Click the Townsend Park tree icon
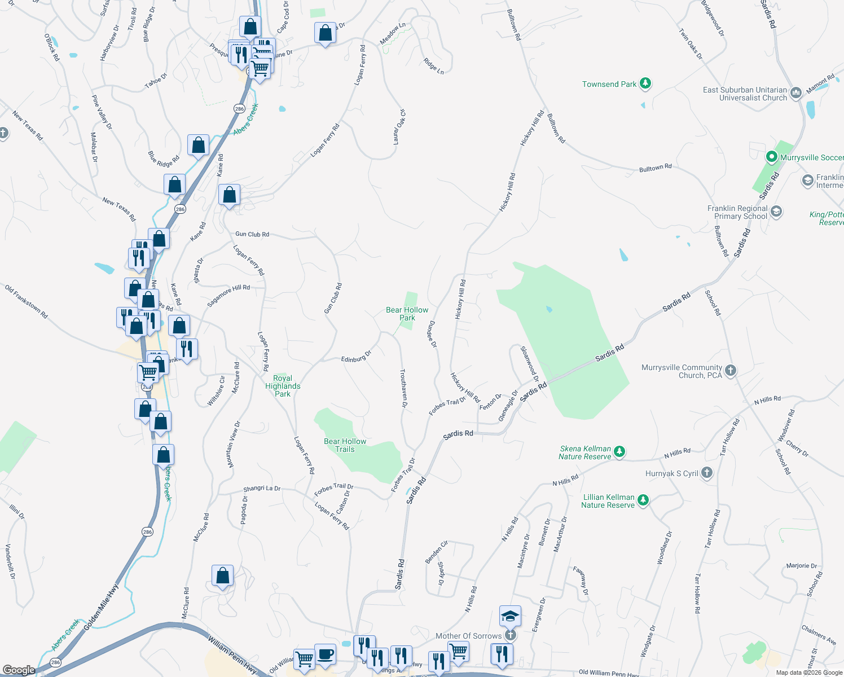pos(645,84)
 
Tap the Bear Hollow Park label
pos(407,314)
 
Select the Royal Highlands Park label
pos(283,386)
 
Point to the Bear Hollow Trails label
pos(345,445)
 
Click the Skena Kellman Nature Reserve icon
pos(619,451)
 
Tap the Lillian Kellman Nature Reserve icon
pos(643,500)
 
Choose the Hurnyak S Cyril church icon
pos(707,473)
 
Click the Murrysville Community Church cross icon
pos(731,371)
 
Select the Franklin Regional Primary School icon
pos(776,212)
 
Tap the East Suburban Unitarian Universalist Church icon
pos(796,93)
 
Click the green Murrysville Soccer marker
pos(771,157)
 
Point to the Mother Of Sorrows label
pos(468,636)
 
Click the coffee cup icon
pos(325,654)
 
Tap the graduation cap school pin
pos(510,616)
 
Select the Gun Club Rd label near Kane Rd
pos(252,234)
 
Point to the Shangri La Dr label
pos(262,489)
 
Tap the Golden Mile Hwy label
pos(101,608)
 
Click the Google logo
pos(19,670)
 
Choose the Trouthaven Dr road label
pos(403,389)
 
